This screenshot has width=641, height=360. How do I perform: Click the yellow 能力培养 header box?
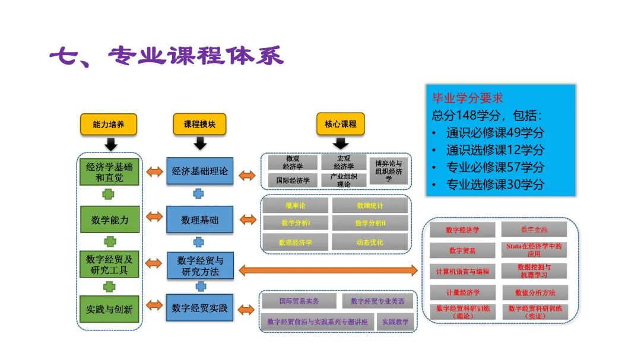tap(109, 124)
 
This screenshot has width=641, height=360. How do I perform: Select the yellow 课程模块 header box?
tap(199, 124)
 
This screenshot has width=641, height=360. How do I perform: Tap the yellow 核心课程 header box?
tap(341, 124)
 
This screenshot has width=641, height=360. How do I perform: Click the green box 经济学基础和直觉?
tap(109, 172)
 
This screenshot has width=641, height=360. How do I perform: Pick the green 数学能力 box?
tap(109, 220)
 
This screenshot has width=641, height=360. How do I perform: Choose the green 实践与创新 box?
tap(109, 309)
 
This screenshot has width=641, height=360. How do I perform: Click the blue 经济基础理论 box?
tap(199, 171)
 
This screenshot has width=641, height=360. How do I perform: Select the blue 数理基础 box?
tap(199, 220)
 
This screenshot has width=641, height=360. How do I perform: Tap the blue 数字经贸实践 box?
tap(199, 308)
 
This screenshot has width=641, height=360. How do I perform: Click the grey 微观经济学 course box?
tap(293, 162)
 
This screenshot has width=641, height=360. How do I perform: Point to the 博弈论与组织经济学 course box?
tap(388, 171)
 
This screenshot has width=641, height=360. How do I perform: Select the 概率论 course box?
tap(295, 205)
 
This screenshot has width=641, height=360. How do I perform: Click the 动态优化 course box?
tap(370, 242)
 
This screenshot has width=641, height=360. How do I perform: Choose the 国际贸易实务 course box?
tap(299, 301)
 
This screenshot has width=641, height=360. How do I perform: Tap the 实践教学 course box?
tap(395, 321)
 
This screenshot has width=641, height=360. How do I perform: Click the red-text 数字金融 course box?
tap(534, 229)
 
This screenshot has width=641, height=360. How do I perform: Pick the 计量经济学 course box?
tap(462, 292)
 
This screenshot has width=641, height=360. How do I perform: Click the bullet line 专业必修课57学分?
tap(495, 167)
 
